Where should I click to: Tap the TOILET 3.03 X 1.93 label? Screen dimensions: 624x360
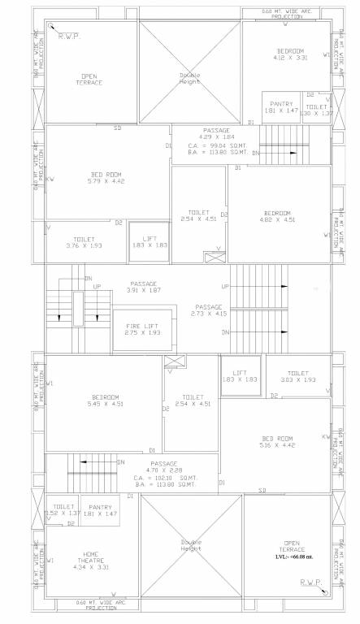[297, 376]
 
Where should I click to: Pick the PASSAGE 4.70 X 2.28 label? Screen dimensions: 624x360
[164, 466]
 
